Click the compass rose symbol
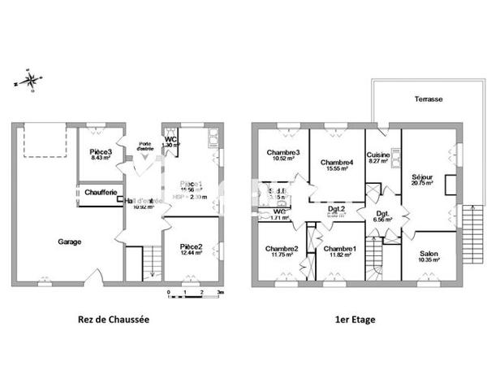pos(30,81)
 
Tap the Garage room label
pos(69,242)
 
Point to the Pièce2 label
pos(191,246)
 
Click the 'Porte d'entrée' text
pos(145,146)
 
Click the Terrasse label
pos(428,98)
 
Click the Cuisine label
pos(378,155)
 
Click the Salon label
pos(429,254)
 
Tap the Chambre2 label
pos(281,248)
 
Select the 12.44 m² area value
pos(191,254)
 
